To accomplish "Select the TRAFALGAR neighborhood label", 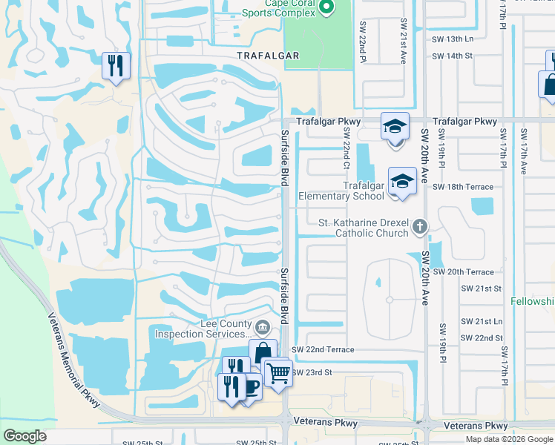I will (267, 56).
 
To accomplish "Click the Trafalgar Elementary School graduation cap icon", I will (401, 181).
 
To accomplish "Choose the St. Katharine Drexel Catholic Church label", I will (363, 228).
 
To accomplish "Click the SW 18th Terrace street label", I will (463, 187).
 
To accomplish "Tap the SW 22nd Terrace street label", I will (323, 349).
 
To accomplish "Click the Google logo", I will (24, 436).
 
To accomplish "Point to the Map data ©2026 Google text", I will (508, 439).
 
